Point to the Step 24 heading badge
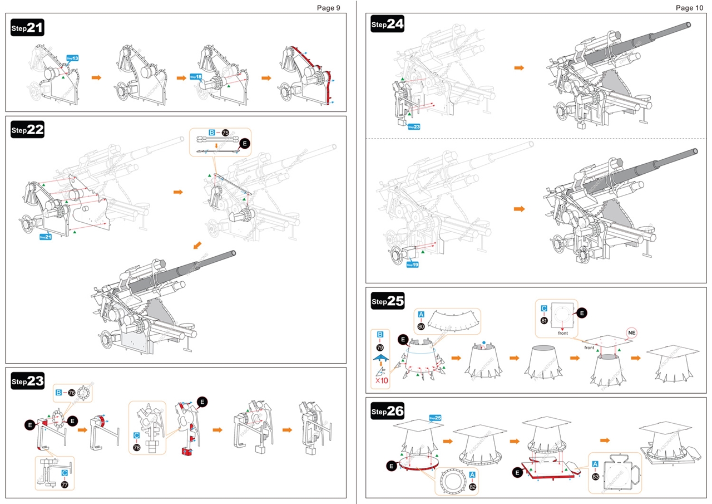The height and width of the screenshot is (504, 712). (x=388, y=24)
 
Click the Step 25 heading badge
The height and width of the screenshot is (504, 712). (x=388, y=301)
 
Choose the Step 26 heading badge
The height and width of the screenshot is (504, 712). (x=388, y=412)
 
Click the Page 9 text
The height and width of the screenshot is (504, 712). (x=328, y=8)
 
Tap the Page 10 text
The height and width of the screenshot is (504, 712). (x=689, y=8)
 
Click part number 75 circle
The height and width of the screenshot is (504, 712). (x=225, y=133)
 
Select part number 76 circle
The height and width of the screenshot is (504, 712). (x=72, y=393)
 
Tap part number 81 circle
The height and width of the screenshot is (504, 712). (x=544, y=320)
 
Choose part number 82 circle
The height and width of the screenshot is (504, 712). (x=472, y=486)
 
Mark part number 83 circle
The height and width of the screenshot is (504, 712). (x=595, y=477)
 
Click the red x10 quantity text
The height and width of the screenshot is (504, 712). (x=381, y=381)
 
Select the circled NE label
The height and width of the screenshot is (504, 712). (x=631, y=332)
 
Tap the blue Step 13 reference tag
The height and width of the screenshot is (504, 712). (x=72, y=58)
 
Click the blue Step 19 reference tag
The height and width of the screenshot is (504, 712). (x=412, y=265)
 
